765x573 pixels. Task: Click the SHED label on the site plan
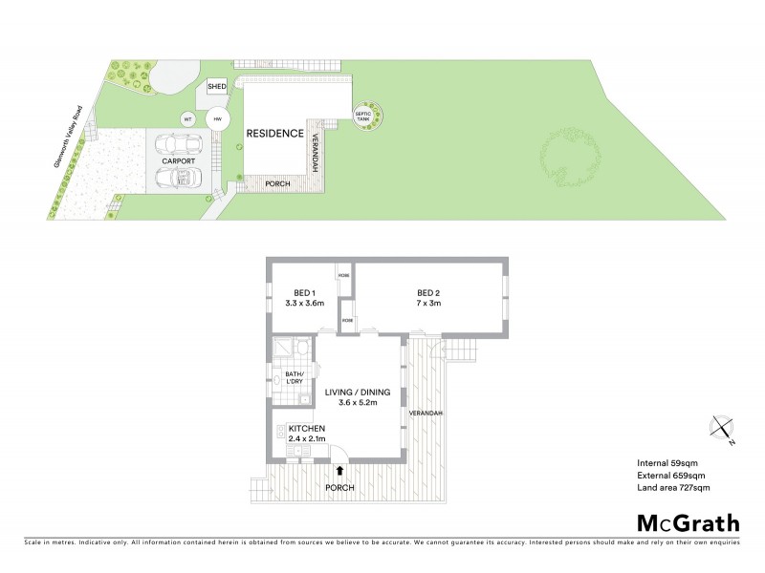point(216,87)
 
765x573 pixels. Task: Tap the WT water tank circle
point(188,119)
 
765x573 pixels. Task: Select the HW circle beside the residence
point(217,119)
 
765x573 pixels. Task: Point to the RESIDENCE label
point(275,134)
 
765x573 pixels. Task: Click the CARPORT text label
point(178,161)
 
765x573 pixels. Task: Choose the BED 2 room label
point(428,293)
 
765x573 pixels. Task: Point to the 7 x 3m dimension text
point(428,304)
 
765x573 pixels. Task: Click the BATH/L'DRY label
point(295,377)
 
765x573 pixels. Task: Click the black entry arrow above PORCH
point(341,470)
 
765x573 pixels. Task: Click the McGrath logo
point(688,522)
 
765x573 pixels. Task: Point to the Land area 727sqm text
point(673,488)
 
